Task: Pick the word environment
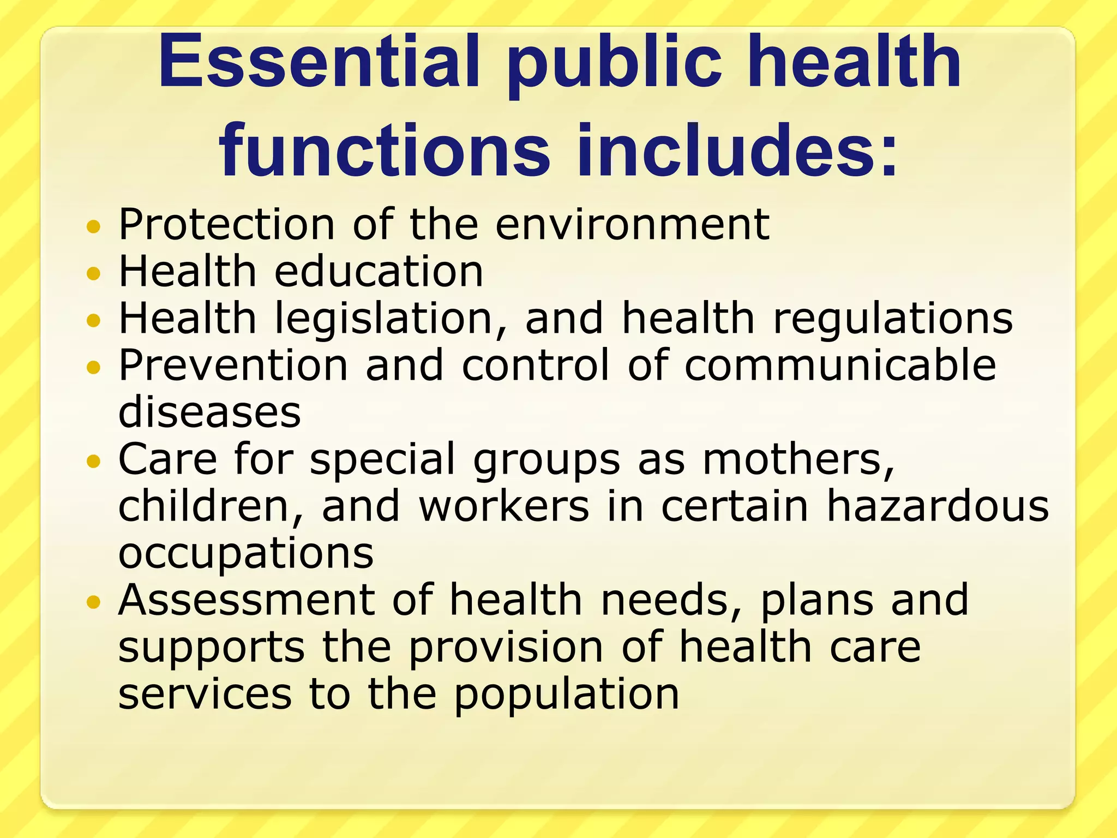coord(632,224)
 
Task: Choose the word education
coord(379,271)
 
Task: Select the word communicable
coord(840,365)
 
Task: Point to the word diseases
coord(209,412)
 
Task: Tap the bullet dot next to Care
coord(94,462)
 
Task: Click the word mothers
coord(798,459)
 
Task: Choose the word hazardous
coord(938,506)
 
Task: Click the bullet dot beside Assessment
coord(94,602)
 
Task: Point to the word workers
coord(505,506)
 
